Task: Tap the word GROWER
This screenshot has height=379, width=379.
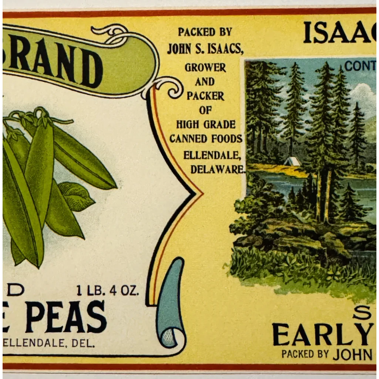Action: [x=205, y=68]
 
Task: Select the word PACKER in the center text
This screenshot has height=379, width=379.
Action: [x=205, y=96]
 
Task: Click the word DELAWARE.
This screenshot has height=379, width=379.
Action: [x=218, y=169]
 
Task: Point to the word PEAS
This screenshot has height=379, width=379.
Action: [x=66, y=317]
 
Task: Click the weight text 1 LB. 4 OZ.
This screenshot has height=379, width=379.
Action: [x=107, y=290]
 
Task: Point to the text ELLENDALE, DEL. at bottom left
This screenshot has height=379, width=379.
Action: [x=48, y=343]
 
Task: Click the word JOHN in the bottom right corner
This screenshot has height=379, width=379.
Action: [x=352, y=354]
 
